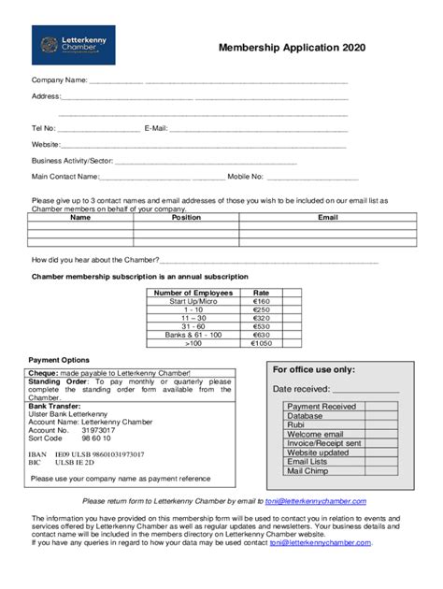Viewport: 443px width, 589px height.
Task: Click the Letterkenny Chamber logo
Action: click(73, 45)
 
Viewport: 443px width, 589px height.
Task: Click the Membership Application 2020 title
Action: click(292, 48)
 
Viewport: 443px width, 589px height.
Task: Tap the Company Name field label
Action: click(59, 79)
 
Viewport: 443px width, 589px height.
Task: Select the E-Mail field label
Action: click(155, 128)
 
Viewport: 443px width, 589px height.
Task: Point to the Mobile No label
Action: click(245, 176)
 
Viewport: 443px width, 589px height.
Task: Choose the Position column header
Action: click(186, 217)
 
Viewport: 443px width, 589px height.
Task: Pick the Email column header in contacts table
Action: click(327, 217)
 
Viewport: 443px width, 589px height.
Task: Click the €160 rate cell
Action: click(261, 301)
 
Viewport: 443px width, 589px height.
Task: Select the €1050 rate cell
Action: click(261, 343)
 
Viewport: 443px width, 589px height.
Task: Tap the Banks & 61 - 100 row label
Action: click(193, 335)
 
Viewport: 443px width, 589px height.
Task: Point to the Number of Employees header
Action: click(193, 293)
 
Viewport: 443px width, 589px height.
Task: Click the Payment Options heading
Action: click(59, 360)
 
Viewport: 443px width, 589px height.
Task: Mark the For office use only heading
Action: click(313, 369)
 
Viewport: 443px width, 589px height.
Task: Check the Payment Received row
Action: click(322, 407)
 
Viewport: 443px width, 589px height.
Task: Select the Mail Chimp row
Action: click(307, 470)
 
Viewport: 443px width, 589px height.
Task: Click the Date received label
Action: click(300, 389)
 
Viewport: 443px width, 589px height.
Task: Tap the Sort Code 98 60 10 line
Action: click(64, 438)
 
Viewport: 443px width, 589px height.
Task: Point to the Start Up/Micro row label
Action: click(193, 301)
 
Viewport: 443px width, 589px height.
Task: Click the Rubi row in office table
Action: click(296, 424)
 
